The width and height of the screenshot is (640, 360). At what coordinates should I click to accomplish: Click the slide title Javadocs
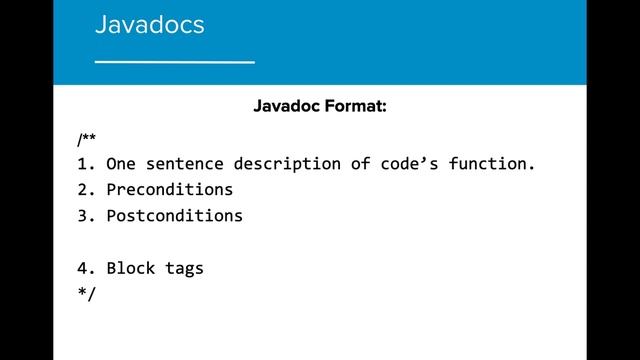149,24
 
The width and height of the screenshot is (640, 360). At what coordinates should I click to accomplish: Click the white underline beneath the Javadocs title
174,62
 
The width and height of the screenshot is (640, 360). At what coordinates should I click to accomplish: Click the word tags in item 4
184,268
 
